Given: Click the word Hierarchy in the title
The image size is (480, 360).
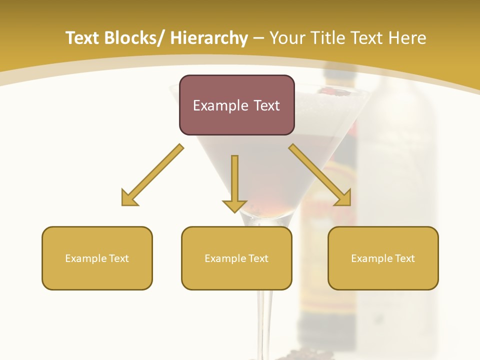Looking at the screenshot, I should tap(209, 38).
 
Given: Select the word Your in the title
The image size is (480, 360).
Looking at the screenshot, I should tap(288, 38).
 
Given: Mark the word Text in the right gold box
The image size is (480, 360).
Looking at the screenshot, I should tap(404, 258).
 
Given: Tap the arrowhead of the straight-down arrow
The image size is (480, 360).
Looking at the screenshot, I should tap(234, 205).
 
